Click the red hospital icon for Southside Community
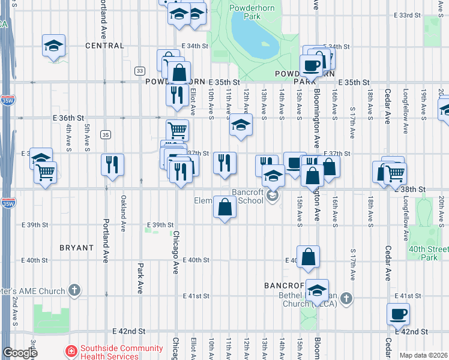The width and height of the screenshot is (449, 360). coord(71,351)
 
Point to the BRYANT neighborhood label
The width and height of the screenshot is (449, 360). coord(77,247)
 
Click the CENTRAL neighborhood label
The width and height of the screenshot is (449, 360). coord(104,45)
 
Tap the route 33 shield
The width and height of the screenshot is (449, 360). coord(139,70)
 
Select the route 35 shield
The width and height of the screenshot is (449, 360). coord(106,134)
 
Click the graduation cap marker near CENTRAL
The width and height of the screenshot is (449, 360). coord(53,45)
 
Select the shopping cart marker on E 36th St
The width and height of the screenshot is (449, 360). coord(176,130)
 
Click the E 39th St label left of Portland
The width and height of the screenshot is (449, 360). coord(34,225)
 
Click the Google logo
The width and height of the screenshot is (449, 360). coord(19,353)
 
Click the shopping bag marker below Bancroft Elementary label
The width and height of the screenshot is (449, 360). coord(224,208)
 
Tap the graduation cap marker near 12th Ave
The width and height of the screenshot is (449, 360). coord(241,125)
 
